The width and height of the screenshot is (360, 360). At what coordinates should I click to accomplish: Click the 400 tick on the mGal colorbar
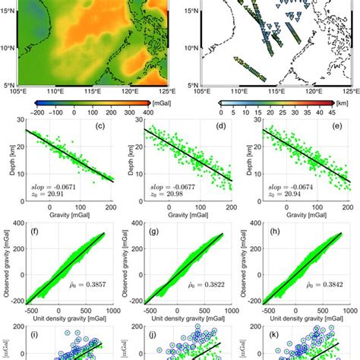[163, 111]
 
